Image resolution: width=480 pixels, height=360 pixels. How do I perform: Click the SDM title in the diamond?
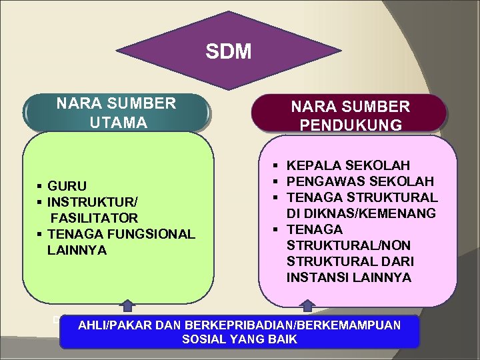(229, 51)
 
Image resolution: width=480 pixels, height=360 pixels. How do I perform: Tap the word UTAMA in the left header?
(117, 123)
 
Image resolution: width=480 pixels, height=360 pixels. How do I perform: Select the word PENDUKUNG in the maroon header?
(351, 125)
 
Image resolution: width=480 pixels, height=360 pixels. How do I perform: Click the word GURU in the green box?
(67, 186)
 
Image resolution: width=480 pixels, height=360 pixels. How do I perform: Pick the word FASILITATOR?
(94, 218)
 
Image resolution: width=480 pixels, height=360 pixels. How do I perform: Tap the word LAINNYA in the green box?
(77, 250)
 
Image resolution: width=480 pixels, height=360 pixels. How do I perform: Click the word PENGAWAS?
(321, 181)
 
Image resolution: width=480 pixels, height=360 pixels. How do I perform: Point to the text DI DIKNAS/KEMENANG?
(361, 213)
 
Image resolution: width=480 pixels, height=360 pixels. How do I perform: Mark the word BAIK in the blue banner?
(283, 339)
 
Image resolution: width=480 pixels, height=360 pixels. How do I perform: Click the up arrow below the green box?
(126, 306)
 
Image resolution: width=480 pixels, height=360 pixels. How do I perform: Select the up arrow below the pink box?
(307, 306)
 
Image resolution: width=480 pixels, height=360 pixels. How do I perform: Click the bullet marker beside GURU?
(41, 186)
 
